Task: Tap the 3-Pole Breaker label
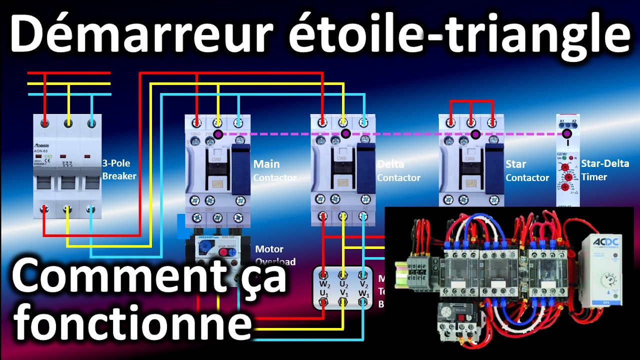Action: coord(119,169)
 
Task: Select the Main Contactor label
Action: coord(274,170)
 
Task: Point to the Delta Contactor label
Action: coord(398,170)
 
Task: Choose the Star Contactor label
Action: coord(527,170)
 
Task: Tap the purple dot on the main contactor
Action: coord(217,134)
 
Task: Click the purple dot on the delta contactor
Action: coord(345,134)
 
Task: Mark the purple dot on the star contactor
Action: coord(474,134)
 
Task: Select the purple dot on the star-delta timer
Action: coord(566,134)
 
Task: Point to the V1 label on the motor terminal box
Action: coord(343,293)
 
